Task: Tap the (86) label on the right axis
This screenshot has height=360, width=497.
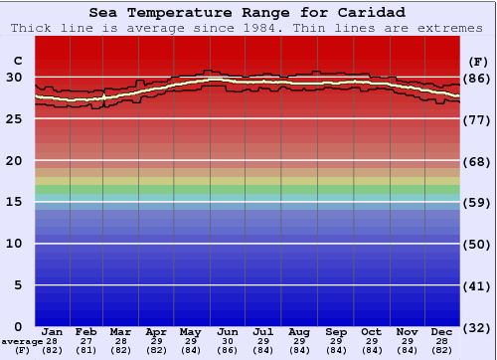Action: (x=478, y=79)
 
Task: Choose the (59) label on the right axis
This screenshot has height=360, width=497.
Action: (x=478, y=203)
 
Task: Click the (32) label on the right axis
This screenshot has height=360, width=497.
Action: (x=478, y=327)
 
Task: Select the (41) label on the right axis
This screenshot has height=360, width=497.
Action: (x=478, y=286)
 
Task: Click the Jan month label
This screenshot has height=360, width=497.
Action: (x=53, y=331)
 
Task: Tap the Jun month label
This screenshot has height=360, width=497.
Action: (x=227, y=331)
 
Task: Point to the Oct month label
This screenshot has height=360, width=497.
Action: (x=371, y=331)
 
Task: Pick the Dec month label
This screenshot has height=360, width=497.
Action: (x=442, y=331)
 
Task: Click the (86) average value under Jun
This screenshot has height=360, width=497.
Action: (x=227, y=350)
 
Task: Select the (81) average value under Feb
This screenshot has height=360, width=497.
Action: (x=86, y=350)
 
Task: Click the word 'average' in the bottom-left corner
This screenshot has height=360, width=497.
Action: (x=21, y=341)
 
